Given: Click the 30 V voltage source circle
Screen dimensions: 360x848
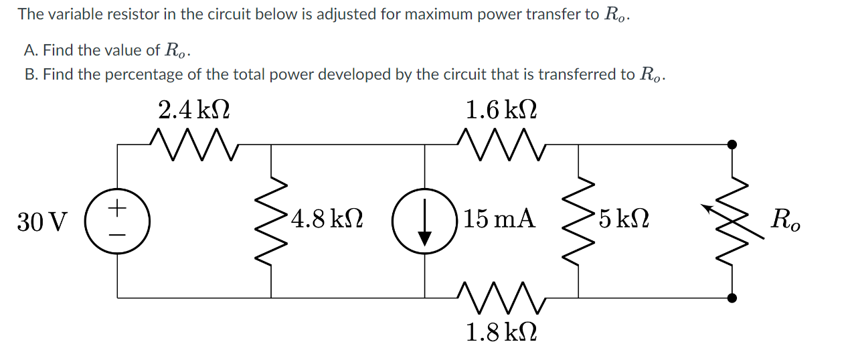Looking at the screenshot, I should [118, 220].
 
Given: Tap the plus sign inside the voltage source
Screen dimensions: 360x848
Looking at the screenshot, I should [118, 209].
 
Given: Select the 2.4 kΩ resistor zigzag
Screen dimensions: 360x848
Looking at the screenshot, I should [194, 143].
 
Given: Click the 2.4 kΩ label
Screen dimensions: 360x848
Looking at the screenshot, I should [194, 109].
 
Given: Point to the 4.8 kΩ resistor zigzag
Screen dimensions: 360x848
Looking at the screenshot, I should [271, 220].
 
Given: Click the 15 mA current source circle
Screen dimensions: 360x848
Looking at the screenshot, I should [425, 220].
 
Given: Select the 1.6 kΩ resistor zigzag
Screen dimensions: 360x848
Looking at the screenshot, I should [502, 143].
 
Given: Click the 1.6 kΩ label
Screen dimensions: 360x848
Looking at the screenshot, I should [502, 109].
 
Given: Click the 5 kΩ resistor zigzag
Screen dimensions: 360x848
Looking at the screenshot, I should [578, 220].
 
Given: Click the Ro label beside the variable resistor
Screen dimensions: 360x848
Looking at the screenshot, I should [785, 220].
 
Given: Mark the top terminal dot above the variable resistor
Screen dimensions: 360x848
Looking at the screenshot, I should [732, 143].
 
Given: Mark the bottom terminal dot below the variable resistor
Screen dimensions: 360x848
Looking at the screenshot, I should [732, 298].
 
